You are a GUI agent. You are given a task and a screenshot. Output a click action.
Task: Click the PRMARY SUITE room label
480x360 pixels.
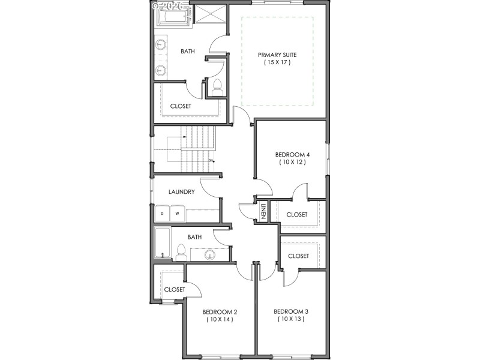pyautogui.click(x=277, y=55)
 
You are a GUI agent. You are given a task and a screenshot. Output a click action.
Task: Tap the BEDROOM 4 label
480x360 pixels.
pyautogui.click(x=292, y=154)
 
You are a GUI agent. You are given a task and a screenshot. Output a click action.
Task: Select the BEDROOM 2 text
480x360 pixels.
pyautogui.click(x=220, y=311)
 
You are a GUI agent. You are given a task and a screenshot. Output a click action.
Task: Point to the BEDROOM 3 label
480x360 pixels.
pyautogui.click(x=291, y=311)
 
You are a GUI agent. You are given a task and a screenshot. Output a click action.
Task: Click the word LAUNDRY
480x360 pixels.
pyautogui.click(x=181, y=192)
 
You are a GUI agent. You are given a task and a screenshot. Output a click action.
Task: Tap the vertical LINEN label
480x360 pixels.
pyautogui.click(x=263, y=212)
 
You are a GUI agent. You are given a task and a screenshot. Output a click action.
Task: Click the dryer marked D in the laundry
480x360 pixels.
pyautogui.click(x=162, y=214)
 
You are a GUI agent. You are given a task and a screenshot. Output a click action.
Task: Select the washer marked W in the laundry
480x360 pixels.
pyautogui.click(x=178, y=214)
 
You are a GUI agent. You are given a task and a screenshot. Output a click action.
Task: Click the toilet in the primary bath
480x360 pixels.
pyautogui.click(x=217, y=87)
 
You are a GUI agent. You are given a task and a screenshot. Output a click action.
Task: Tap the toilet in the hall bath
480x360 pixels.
pyautogui.click(x=180, y=251)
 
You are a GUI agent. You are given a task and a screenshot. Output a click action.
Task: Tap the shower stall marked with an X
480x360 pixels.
pyautogui.click(x=210, y=15)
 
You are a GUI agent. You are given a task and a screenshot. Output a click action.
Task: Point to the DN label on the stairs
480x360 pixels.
pyautogui.click(x=211, y=160)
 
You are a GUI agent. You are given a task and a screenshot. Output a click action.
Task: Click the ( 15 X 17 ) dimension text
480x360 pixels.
pyautogui.click(x=277, y=62)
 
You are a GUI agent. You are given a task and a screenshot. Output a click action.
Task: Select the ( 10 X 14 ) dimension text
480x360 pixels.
pyautogui.click(x=220, y=319)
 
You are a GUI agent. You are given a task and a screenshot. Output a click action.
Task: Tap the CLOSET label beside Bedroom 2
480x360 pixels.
pyautogui.click(x=175, y=289)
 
